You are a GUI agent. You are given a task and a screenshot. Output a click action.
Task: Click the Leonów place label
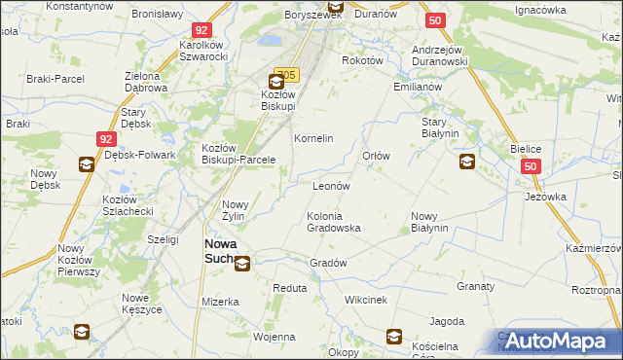(x=331, y=185)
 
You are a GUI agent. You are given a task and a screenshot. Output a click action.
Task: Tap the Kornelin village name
(x=314, y=138)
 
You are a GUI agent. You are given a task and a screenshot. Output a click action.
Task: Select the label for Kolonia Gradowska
(x=334, y=221)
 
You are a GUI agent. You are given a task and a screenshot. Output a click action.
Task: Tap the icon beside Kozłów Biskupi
(x=276, y=82)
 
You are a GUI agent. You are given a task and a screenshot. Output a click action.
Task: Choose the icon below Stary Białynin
(x=468, y=162)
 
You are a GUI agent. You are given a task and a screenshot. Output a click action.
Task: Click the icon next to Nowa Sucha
(x=241, y=262)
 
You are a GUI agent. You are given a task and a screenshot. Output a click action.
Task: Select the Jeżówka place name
(x=546, y=196)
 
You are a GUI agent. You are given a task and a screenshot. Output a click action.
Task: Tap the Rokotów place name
(x=362, y=59)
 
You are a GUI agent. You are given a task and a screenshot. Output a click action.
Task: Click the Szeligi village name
(x=163, y=238)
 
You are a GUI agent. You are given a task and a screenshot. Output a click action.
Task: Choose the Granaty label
(x=476, y=287)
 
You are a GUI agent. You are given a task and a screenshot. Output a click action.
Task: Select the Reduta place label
(x=290, y=288)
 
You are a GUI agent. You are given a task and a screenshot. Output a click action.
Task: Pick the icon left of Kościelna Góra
(x=394, y=337)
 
